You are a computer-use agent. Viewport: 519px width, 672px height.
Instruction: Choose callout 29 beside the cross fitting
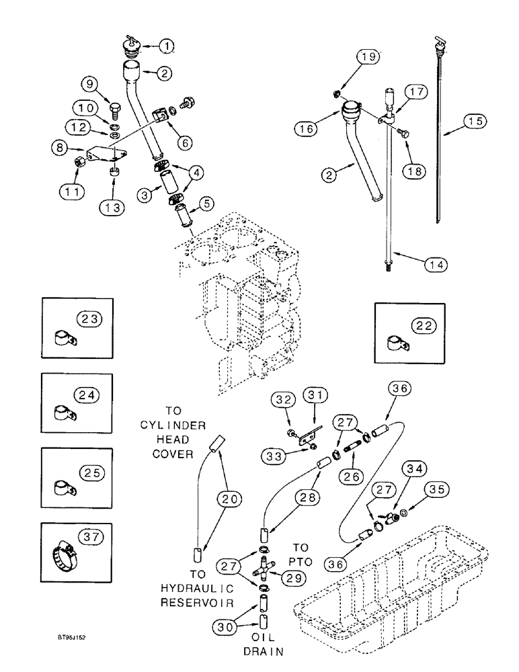(295, 577)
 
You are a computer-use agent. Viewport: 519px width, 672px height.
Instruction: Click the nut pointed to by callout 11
(79, 163)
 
